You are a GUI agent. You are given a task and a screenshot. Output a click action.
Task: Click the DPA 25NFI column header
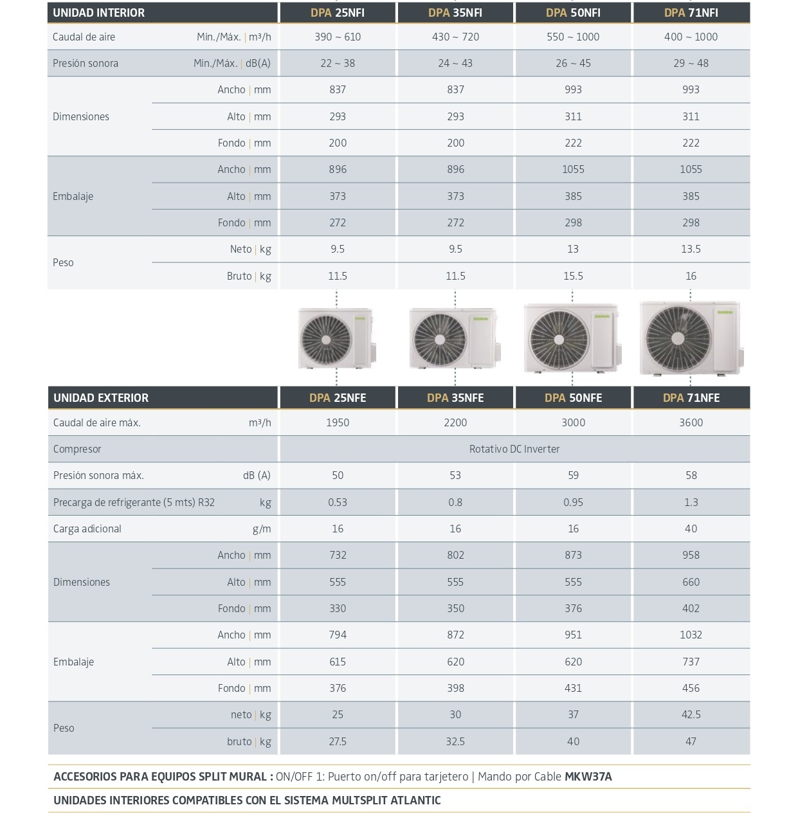338,13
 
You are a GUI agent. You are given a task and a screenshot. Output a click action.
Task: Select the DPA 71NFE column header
691,398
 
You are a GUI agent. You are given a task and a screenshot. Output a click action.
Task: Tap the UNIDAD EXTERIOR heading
101,398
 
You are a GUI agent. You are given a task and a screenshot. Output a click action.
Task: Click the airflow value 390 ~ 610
338,37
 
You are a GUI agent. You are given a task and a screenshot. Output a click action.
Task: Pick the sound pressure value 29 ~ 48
691,64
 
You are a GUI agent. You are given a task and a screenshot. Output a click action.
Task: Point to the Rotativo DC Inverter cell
514,449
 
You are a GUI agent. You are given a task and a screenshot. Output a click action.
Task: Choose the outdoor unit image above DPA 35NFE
455,338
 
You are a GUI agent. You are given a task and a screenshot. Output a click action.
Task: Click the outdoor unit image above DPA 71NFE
691,338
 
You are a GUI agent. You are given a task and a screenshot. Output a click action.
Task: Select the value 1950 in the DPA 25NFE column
338,423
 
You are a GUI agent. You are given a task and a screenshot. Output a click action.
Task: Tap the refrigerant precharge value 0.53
338,503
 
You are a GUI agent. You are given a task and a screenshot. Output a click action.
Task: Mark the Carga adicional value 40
691,529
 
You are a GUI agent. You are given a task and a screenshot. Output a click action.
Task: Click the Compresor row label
77,449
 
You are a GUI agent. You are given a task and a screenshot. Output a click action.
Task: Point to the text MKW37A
588,777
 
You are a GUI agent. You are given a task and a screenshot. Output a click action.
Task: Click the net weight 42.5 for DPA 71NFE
691,715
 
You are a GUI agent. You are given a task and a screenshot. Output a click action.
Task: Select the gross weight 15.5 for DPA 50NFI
573,276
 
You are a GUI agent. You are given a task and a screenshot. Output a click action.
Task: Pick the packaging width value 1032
691,635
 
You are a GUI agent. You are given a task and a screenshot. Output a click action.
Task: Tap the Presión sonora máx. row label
98,476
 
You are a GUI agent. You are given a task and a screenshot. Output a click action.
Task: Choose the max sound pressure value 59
573,476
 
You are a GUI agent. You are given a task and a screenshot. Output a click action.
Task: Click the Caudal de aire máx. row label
97,423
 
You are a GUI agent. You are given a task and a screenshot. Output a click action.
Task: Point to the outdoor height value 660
691,583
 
